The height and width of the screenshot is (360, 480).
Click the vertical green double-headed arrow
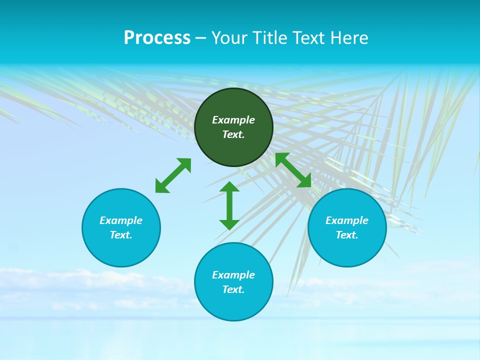pyautogui.click(x=229, y=205)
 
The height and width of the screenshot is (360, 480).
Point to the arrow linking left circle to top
pyautogui.click(x=173, y=175)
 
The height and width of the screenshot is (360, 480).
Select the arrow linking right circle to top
pyautogui.click(x=293, y=170)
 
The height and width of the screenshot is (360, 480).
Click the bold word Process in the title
pyautogui.click(x=157, y=38)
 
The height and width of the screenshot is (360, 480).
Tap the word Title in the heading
pyautogui.click(x=269, y=38)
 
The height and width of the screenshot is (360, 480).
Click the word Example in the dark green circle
pyautogui.click(x=233, y=120)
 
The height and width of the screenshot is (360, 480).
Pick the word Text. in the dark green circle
pyautogui.click(x=233, y=134)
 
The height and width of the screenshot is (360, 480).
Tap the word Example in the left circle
pyautogui.click(x=121, y=220)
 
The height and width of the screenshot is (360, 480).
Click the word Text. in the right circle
pyautogui.click(x=347, y=235)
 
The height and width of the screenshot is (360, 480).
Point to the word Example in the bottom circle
pyautogui.click(x=233, y=275)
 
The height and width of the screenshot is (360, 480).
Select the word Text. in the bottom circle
pyautogui.click(x=233, y=289)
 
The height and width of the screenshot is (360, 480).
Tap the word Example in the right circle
pyautogui.click(x=347, y=220)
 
